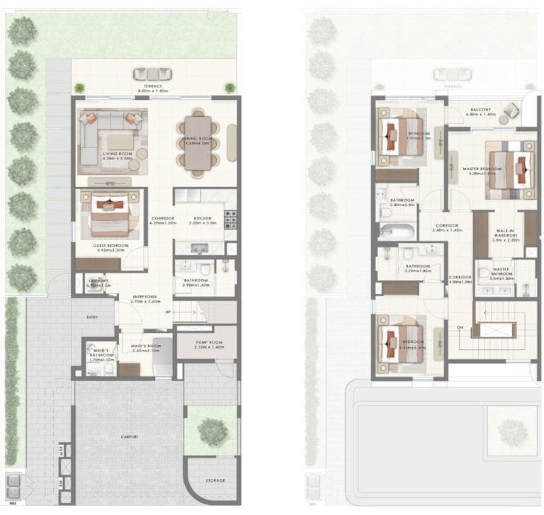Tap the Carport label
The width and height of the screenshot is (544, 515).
point(129,437)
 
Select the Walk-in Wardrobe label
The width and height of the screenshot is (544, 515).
point(506,237)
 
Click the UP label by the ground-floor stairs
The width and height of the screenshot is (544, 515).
point(167,312)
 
